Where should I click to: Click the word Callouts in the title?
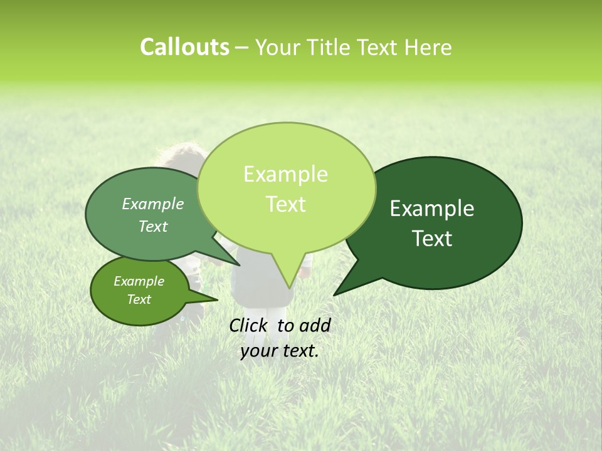pyautogui.click(x=184, y=47)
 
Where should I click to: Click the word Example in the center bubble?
pyautogui.click(x=285, y=174)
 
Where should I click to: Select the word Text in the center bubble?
pyautogui.click(x=285, y=204)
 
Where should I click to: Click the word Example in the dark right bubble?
pyautogui.click(x=432, y=209)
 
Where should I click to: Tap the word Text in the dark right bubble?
pyautogui.click(x=433, y=239)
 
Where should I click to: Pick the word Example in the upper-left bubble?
pyautogui.click(x=153, y=204)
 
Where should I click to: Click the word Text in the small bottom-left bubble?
pyautogui.click(x=139, y=299)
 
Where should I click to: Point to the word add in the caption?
pyautogui.click(x=315, y=325)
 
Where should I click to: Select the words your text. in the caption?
pyautogui.click(x=279, y=351)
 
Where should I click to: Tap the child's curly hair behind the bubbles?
pyautogui.click(x=182, y=153)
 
